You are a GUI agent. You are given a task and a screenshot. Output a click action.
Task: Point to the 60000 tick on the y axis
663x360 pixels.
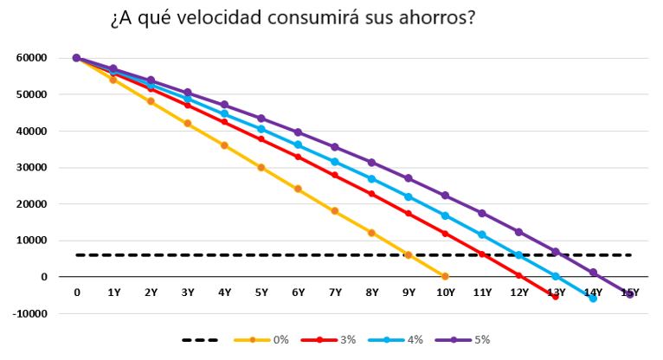click(30, 58)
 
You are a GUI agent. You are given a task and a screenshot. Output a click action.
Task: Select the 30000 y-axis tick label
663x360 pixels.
click(30, 168)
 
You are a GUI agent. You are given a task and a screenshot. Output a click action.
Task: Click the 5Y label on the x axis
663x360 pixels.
click(261, 293)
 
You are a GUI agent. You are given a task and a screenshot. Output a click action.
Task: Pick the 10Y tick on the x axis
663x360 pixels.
click(445, 293)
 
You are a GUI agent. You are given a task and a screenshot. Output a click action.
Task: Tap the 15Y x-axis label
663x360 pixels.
click(629, 293)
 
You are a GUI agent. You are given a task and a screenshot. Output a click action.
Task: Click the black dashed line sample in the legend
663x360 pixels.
click(201, 340)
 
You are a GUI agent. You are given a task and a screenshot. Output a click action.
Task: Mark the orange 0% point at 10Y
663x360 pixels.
click(445, 276)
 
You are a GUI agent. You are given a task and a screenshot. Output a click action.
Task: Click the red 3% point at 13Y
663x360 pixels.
click(556, 296)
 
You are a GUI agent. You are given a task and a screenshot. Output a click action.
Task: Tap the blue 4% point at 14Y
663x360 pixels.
click(593, 298)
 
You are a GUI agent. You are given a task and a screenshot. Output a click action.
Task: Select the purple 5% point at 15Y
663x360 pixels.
click(630, 294)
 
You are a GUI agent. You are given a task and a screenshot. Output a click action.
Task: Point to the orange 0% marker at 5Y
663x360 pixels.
click(261, 167)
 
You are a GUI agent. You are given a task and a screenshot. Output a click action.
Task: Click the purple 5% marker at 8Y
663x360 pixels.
click(371, 163)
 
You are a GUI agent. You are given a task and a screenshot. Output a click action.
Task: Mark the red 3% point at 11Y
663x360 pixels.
click(482, 254)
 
